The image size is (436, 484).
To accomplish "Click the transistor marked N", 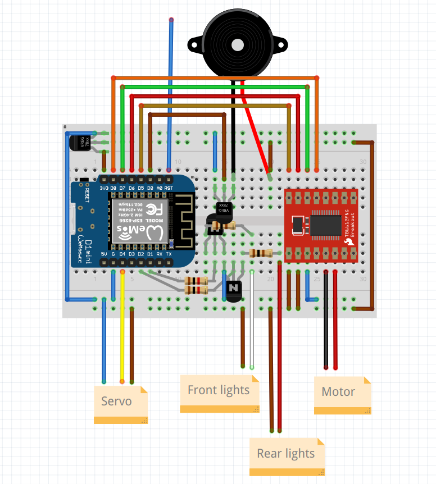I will pyautogui.click(x=233, y=289).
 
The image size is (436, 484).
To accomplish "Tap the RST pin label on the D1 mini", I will pyautogui.click(x=169, y=188).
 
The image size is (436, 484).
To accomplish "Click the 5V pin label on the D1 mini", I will pyautogui.click(x=103, y=254).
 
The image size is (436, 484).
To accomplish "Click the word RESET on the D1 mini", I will pyautogui.click(x=87, y=194).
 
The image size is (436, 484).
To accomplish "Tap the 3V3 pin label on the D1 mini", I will pyautogui.click(x=103, y=188).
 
